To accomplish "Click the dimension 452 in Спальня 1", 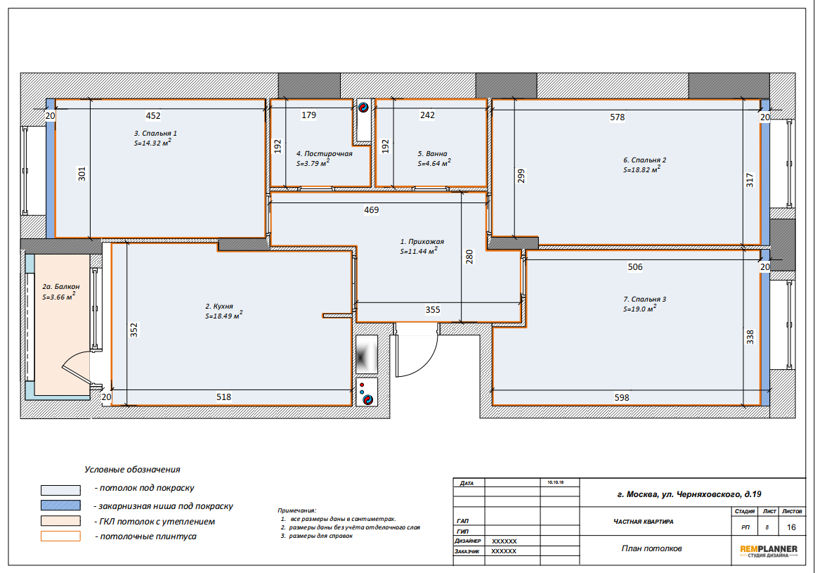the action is pos(153,115).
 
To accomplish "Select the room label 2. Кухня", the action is pos(219,307).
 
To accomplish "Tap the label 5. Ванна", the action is pos(433,153).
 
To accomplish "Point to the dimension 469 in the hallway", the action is pos(371,210).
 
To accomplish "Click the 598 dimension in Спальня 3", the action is pos(622,398).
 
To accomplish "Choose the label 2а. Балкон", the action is pos(61,287).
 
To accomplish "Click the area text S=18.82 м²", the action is pos(642,169).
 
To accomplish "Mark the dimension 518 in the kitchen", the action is pos(223,397).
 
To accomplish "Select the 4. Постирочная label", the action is pos(325,153).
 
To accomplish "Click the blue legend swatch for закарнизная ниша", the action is pos(61,506).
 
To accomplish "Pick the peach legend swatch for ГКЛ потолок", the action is pos(61,521).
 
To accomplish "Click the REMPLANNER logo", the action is pos(768,551).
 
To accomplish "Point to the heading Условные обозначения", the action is pos(132,470).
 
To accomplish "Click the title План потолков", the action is pos(651,548).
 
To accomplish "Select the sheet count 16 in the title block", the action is pos(791,527).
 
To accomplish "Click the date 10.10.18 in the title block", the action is pos(555,482).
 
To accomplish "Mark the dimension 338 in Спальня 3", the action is pos(750,337).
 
